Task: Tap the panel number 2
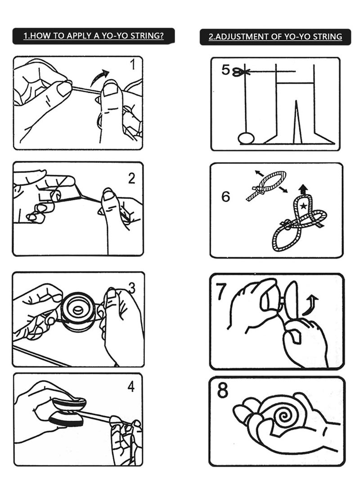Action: click(132, 178)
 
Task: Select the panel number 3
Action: click(132, 288)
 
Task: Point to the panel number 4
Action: click(131, 387)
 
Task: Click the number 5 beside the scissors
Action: click(226, 70)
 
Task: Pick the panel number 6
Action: click(225, 196)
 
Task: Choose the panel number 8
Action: click(223, 390)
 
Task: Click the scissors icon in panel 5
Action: click(240, 72)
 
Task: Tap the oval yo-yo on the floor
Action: click(246, 138)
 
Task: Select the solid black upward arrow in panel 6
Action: click(303, 189)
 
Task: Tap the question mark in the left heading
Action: click(162, 36)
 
